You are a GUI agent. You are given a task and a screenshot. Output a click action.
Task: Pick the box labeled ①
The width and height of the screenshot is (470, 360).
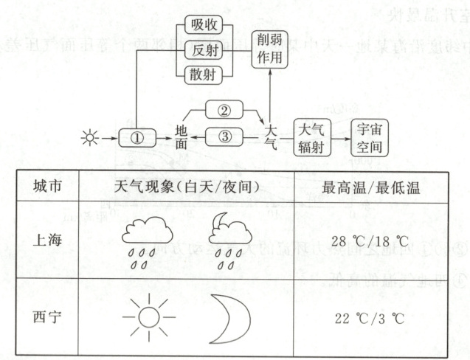[136, 138]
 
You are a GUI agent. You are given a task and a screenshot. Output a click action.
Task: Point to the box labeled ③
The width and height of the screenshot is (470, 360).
[223, 138]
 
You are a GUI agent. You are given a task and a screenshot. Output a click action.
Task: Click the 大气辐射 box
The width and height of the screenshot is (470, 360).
[311, 137]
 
